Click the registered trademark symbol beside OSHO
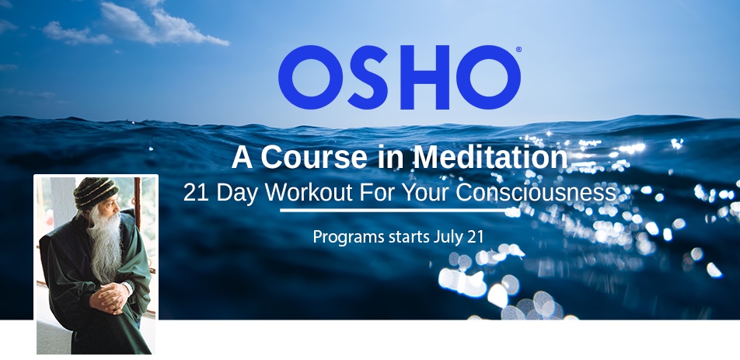pos(518,49)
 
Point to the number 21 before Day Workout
pos(196,193)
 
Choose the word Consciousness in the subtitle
pos(536,193)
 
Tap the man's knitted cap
pos(96,193)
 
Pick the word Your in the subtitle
pos(429,193)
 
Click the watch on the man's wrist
pos(127,288)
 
